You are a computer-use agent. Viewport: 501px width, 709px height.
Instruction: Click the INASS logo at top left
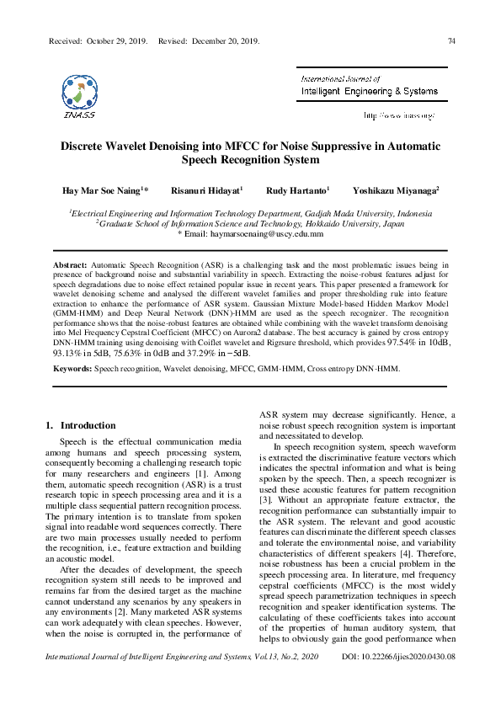point(79,96)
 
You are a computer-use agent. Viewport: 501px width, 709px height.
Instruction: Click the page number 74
point(451,40)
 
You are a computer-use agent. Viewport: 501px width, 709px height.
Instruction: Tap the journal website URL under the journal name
point(399,115)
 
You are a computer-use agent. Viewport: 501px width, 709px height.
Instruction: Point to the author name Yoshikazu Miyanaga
point(396,190)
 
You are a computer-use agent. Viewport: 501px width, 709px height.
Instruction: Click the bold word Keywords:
point(72,369)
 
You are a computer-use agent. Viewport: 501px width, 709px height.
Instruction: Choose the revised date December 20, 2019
point(225,40)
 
